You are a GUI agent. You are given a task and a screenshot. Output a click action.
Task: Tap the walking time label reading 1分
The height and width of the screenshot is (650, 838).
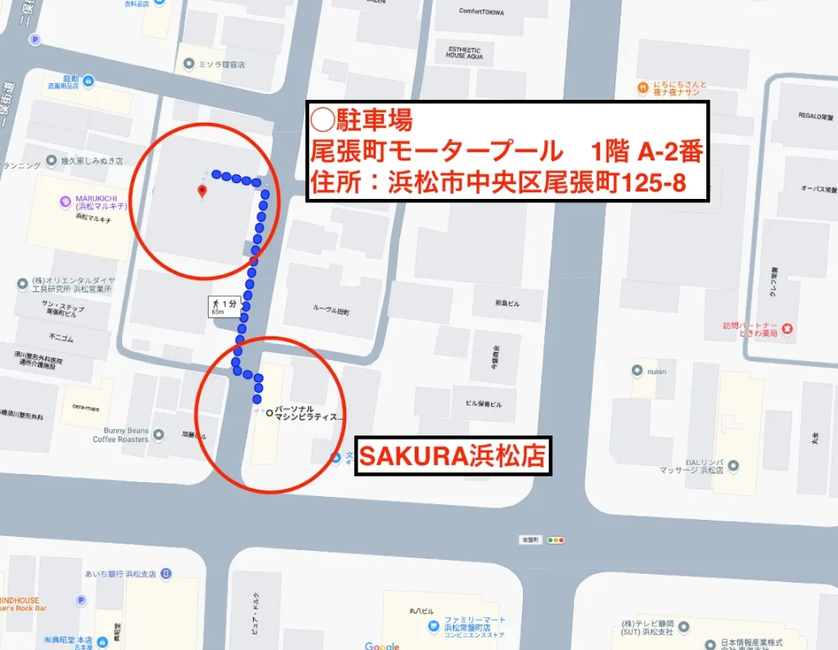point(223,307)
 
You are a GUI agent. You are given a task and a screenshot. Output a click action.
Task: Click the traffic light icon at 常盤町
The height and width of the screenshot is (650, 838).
point(557,540)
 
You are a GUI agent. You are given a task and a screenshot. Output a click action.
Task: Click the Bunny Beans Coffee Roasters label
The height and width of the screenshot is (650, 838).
point(120,435)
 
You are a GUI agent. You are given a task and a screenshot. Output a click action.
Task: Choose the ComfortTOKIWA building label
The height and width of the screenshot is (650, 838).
point(481,12)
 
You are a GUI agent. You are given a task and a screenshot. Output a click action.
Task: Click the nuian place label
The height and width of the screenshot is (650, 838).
point(656,371)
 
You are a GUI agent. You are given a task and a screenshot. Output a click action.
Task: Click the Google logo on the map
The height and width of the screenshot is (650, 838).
point(382,645)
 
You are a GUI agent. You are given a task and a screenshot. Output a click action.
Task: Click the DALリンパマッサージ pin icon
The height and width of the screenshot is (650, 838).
point(733,466)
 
